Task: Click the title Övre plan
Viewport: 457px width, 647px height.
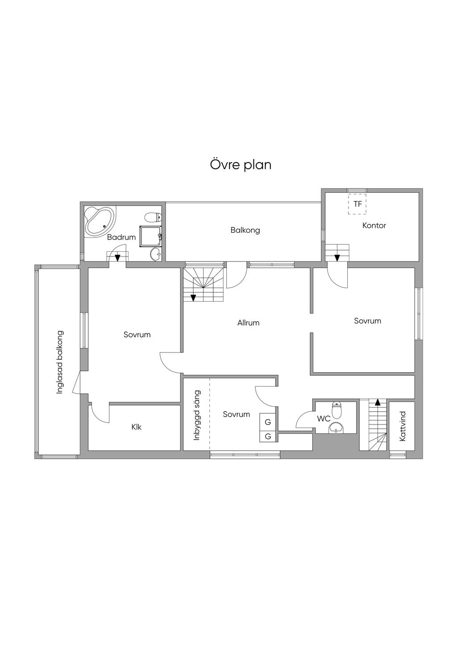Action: pyautogui.click(x=241, y=165)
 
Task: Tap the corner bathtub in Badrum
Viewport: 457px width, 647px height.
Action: pyautogui.click(x=100, y=221)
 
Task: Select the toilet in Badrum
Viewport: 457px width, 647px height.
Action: pyautogui.click(x=153, y=217)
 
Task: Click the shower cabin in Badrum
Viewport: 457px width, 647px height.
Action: pyautogui.click(x=150, y=236)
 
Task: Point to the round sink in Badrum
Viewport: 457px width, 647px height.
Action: pyautogui.click(x=156, y=254)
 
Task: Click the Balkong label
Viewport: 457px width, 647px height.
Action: pyautogui.click(x=245, y=230)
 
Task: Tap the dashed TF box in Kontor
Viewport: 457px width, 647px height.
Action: pyautogui.click(x=357, y=204)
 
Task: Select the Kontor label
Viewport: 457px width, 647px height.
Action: pyautogui.click(x=374, y=225)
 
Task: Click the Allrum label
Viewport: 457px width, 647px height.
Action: pyautogui.click(x=248, y=323)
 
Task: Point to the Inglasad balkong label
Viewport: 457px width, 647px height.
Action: pyautogui.click(x=60, y=362)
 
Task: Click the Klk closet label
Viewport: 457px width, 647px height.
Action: pyautogui.click(x=136, y=427)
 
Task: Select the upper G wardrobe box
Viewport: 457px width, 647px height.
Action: pyautogui.click(x=268, y=422)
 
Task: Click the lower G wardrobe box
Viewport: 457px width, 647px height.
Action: pyautogui.click(x=268, y=436)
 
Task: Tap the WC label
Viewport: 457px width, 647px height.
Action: pyautogui.click(x=324, y=419)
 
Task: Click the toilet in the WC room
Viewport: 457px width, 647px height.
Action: pyautogui.click(x=337, y=410)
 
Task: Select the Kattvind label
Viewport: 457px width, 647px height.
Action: pyautogui.click(x=403, y=426)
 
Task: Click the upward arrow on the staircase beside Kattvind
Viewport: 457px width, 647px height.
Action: pyautogui.click(x=377, y=402)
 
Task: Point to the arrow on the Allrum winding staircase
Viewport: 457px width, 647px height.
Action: pyautogui.click(x=193, y=298)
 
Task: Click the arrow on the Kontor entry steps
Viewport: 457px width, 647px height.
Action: pyautogui.click(x=337, y=257)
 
